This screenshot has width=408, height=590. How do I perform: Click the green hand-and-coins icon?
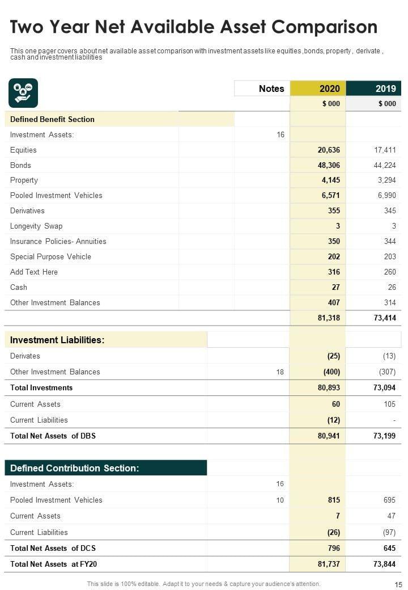(x=23, y=93)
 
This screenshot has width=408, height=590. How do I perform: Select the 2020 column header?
(x=329, y=88)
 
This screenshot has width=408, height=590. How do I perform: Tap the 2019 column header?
(x=385, y=88)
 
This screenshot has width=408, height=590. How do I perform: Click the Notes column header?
(x=271, y=88)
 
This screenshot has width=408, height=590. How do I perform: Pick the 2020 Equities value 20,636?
(x=329, y=150)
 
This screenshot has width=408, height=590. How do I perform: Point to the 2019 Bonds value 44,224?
(x=385, y=165)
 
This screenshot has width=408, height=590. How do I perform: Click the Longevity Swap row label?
(x=36, y=226)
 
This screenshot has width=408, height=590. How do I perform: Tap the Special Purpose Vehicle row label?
(x=50, y=256)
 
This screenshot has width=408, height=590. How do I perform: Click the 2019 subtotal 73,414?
(x=385, y=318)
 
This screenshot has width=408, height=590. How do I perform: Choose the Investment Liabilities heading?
(x=57, y=340)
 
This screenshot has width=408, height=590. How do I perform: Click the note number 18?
(x=280, y=372)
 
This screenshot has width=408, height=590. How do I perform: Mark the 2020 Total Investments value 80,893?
(x=329, y=387)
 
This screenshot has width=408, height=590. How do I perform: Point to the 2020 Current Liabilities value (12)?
(x=333, y=420)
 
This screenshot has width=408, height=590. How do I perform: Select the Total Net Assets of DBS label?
(x=53, y=436)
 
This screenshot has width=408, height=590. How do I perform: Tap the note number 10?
(x=280, y=500)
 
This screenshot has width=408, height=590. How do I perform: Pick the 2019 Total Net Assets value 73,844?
(x=385, y=564)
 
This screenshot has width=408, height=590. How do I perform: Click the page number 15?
(x=398, y=584)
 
